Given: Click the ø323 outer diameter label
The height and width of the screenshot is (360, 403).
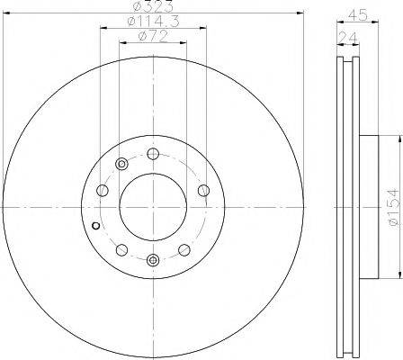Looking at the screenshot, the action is (x=155, y=6).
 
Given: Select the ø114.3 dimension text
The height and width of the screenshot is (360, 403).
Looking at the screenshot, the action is (x=153, y=22).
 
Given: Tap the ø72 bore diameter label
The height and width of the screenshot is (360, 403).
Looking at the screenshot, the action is (x=153, y=37).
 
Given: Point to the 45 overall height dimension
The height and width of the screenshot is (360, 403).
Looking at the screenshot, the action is (x=358, y=15).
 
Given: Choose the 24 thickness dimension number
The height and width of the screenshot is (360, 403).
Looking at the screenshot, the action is (x=348, y=39).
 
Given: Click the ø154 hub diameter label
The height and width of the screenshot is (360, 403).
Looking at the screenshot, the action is (x=393, y=207).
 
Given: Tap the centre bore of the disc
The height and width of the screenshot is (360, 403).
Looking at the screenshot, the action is (x=153, y=207).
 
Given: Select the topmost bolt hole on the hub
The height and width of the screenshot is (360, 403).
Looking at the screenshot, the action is (x=153, y=154).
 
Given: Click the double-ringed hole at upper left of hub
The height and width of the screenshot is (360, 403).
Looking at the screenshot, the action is (x=121, y=164).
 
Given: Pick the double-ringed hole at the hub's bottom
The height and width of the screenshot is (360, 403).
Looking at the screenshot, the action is (x=153, y=260).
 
